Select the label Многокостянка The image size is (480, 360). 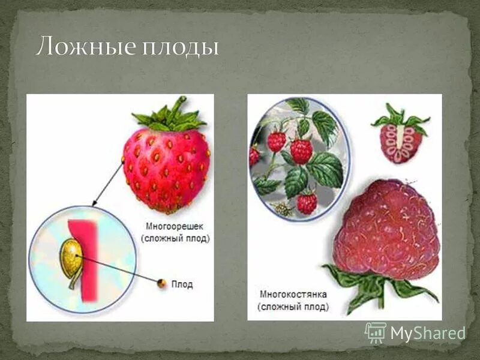[293, 295]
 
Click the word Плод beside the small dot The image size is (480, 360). [182, 284]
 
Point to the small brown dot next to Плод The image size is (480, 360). [161, 283]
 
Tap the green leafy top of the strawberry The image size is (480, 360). [170, 116]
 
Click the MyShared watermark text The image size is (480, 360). [428, 334]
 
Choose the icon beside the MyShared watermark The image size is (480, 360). [375, 332]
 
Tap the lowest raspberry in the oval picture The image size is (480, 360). [307, 203]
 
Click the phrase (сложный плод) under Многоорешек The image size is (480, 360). [175, 239]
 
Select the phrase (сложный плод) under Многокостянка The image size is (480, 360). [293, 307]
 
